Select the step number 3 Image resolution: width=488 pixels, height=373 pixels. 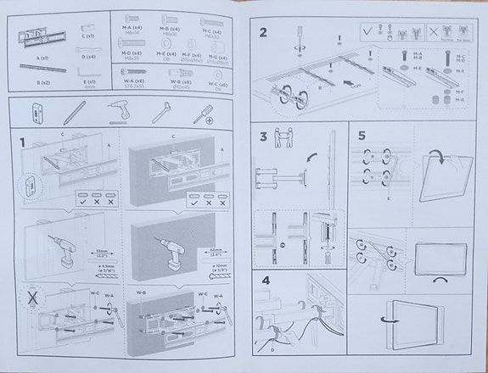[264, 136]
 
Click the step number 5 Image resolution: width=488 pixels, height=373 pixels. [362, 136]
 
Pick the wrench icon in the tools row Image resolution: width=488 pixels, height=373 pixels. [163, 113]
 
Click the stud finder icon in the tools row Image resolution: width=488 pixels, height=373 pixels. [36, 113]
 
